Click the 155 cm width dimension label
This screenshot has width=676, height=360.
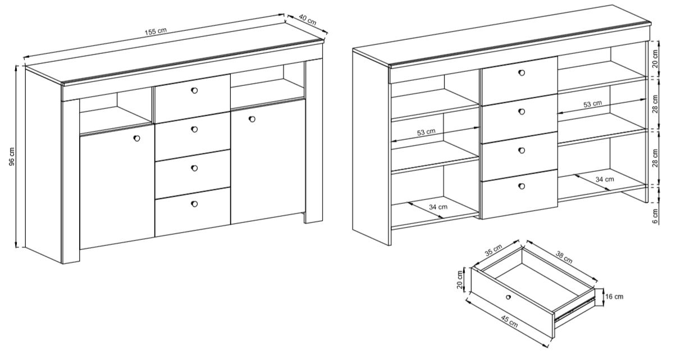pos(156,31)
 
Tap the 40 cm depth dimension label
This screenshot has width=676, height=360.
pos(308,20)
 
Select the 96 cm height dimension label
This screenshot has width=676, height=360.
pos(11,156)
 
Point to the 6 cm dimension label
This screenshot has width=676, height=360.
pos(655,216)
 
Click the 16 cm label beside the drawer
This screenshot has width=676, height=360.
pos(614,297)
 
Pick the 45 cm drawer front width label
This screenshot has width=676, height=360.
pos(509,321)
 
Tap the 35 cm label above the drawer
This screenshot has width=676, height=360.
pos(494,250)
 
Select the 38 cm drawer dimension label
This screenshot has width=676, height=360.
pos(564,257)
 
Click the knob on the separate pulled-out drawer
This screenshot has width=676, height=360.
pos(509,297)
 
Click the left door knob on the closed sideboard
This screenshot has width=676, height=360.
pos(136,138)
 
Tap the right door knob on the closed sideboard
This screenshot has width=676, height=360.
pos(252,119)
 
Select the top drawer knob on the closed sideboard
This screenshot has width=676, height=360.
pos(194,90)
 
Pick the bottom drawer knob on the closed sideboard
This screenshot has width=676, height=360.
pos(194,204)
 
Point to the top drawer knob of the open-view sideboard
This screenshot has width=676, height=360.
pos(522,72)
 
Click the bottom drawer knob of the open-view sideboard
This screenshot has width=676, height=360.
pos(522,186)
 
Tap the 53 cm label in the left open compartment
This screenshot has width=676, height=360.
pos(426,132)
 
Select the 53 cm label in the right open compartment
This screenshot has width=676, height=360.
pos(593,104)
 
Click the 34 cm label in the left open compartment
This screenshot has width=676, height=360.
pos(438,207)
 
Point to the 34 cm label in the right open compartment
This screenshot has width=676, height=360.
pos(605,179)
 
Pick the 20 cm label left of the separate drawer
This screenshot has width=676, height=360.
pos(460,280)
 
